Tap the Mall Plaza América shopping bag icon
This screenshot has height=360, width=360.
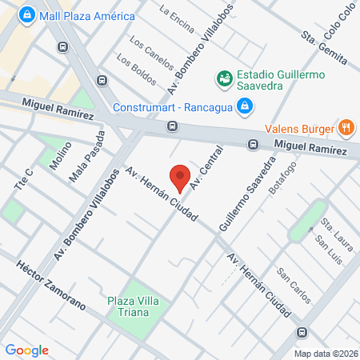tap(26, 14)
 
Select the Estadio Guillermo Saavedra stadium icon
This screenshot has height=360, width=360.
tap(224, 78)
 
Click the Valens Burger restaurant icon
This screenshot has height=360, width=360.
tap(346, 126)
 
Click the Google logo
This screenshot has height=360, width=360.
tap(27, 350)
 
